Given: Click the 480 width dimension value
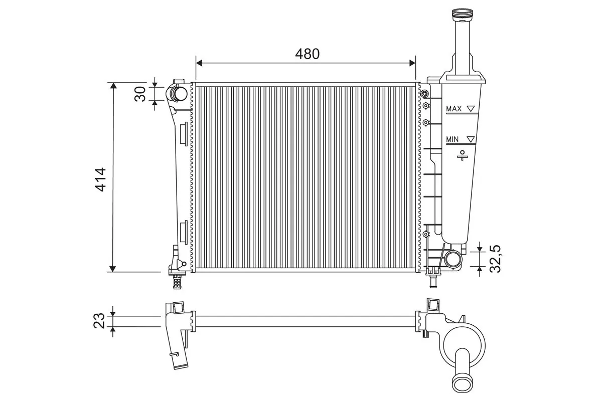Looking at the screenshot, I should [307, 54].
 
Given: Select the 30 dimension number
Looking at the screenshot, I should [141, 93].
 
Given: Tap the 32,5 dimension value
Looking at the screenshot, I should [495, 259].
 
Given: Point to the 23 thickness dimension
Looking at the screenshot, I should [101, 320].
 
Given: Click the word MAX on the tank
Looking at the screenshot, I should [454, 108].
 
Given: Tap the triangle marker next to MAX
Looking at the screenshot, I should [471, 108].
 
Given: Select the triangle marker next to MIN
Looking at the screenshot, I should [471, 139].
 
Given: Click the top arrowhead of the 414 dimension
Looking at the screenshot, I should [114, 86].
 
